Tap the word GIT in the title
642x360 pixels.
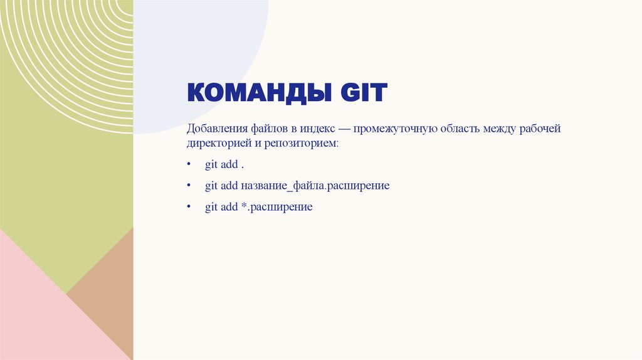(x=364, y=94)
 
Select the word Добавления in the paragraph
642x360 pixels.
(x=216, y=129)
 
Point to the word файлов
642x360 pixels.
(x=269, y=129)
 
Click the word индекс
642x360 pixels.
(x=317, y=129)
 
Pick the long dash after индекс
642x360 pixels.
(x=344, y=129)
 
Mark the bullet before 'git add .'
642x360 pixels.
(x=189, y=166)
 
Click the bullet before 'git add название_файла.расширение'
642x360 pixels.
(x=189, y=186)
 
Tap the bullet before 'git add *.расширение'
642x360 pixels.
(x=189, y=207)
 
